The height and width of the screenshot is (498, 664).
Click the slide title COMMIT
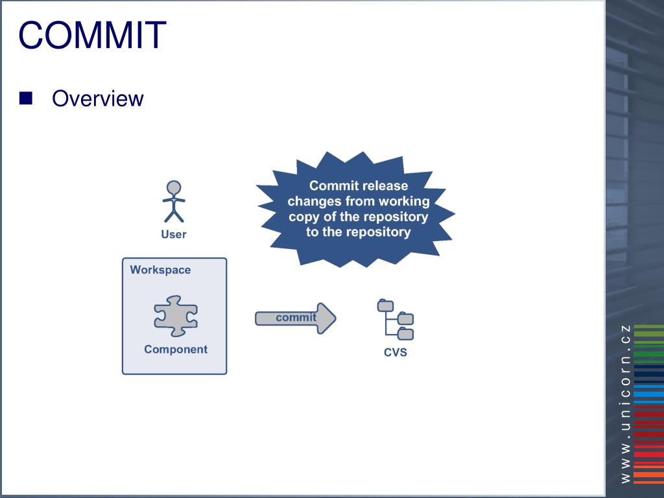coord(92,35)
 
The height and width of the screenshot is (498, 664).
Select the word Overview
coord(97,99)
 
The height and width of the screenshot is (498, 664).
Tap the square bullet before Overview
coord(26,99)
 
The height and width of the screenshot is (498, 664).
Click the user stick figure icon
coord(174,202)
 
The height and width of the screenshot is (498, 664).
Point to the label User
coord(174,235)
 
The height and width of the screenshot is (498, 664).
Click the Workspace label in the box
coord(160,270)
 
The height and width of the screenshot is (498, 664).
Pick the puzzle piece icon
coord(175,316)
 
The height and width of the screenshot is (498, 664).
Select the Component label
coord(176,350)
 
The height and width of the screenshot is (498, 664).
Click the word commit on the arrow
coord(296,317)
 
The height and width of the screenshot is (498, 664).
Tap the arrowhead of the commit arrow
coord(326,318)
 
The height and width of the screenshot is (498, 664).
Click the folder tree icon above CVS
coord(396,320)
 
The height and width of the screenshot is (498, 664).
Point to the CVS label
coord(396,353)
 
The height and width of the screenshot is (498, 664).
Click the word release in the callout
coord(385,186)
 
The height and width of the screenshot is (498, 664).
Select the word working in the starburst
coord(403,202)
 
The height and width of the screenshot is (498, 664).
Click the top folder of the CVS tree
coord(385,305)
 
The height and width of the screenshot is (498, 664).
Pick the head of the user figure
coord(174,187)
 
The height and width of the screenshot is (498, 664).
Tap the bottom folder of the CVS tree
coord(406,334)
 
